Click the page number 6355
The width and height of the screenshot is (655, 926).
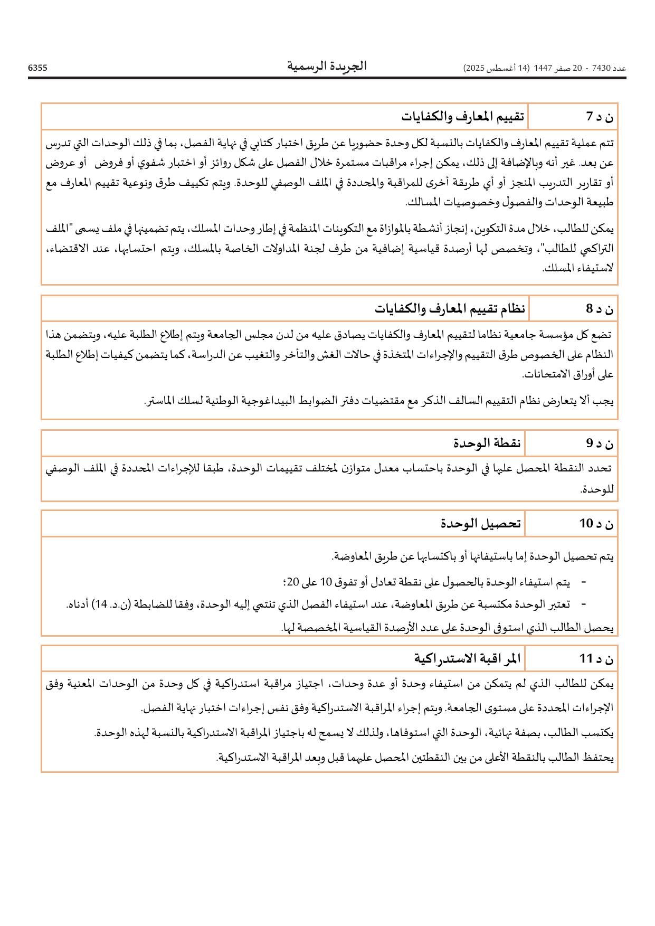point(37,68)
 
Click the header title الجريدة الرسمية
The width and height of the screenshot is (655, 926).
point(327,66)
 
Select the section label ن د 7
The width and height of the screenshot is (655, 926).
point(600,117)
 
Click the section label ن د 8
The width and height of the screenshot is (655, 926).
point(600,309)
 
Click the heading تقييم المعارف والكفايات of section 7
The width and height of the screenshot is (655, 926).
point(462,116)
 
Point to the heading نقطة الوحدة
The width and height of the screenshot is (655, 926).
point(487,443)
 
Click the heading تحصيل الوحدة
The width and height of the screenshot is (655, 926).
point(481,523)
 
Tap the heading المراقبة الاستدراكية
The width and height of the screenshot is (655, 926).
point(467,658)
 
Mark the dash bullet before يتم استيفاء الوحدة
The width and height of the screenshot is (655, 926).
point(583,582)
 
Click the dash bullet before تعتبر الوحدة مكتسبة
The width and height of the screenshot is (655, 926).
point(583,604)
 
